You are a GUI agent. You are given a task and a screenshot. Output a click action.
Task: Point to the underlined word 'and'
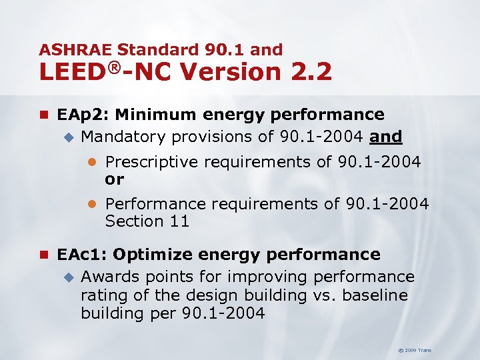387,137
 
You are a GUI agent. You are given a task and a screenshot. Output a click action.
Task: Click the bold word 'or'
114,179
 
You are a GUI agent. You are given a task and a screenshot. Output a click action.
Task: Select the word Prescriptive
151,162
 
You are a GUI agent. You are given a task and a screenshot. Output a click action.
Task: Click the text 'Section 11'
147,221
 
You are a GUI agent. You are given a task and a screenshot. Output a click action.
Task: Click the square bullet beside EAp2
44,115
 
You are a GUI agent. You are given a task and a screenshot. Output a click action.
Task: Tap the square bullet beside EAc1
44,255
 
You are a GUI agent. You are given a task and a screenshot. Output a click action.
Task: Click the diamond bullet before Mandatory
67,137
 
